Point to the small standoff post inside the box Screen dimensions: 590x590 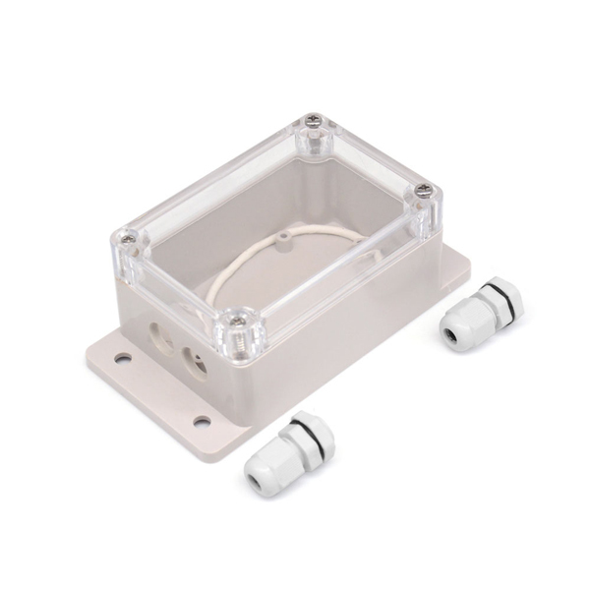click(281, 238)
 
